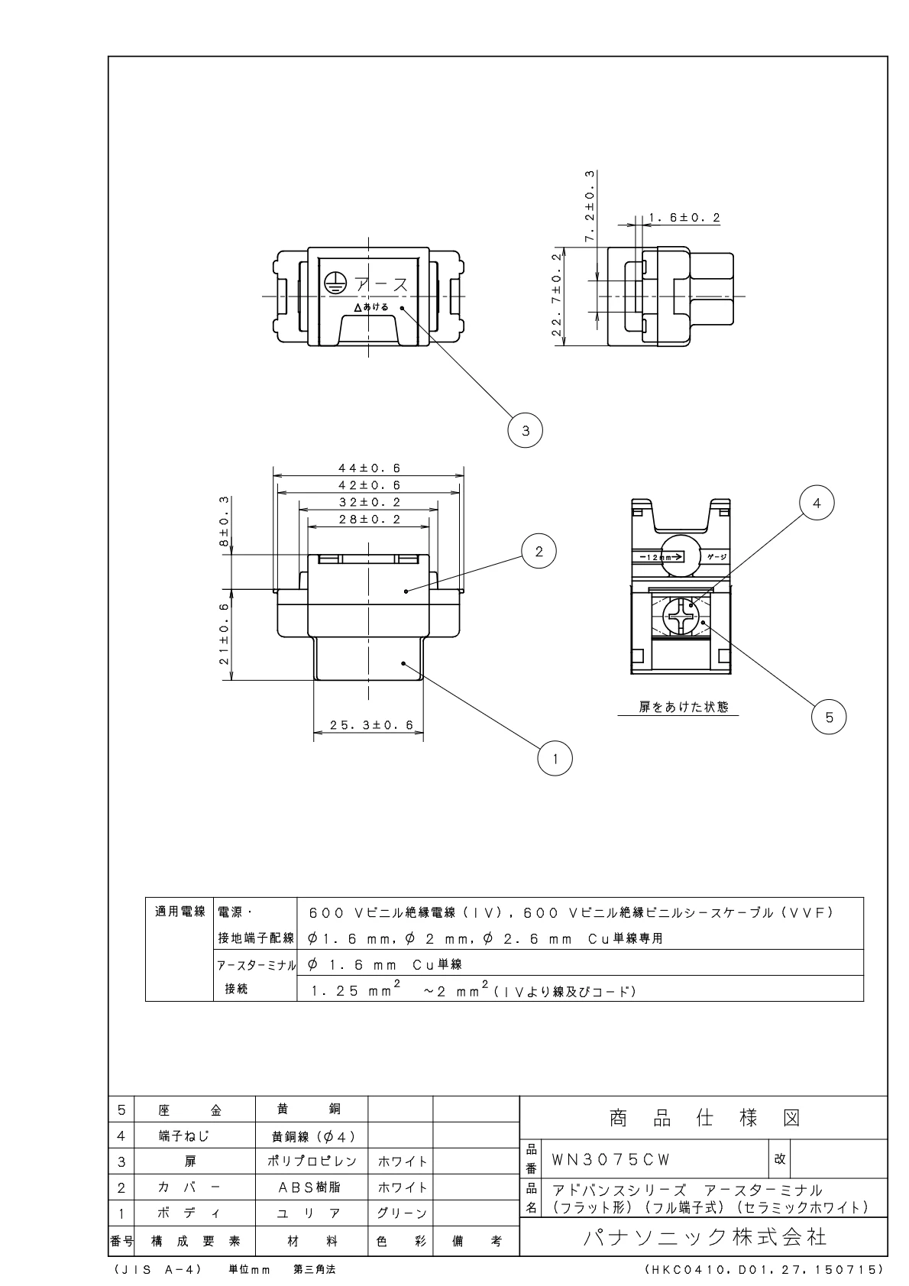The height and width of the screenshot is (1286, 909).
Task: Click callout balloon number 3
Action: [x=525, y=430]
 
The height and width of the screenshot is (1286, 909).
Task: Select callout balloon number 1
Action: [x=555, y=759]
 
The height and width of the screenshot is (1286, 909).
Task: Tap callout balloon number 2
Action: [x=539, y=552]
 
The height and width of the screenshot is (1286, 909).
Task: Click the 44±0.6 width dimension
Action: [x=370, y=468]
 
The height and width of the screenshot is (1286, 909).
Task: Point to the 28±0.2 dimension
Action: [x=370, y=520]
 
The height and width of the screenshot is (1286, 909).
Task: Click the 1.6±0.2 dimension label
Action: [x=684, y=218]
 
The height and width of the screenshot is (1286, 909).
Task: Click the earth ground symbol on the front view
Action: [x=333, y=283]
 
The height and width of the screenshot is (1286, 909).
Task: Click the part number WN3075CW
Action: [x=610, y=1160]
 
